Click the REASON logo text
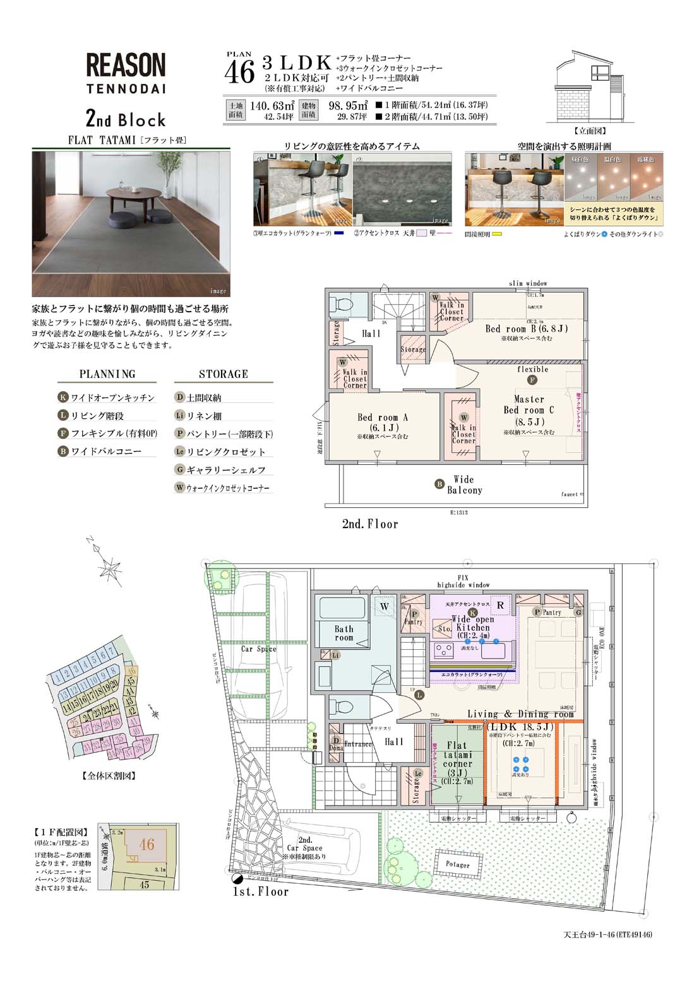[x=125, y=65]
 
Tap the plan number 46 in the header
[x=239, y=72]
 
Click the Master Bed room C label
[x=529, y=410]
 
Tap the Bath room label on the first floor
[x=344, y=633]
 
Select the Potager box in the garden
[x=458, y=864]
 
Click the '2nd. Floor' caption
[x=370, y=524]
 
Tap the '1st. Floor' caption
[x=261, y=891]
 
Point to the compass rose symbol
[x=111, y=569]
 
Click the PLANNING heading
[x=107, y=374]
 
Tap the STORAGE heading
[x=224, y=374]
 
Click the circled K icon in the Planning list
[x=63, y=397]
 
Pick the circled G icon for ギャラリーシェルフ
[x=180, y=469]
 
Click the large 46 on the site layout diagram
[x=147, y=844]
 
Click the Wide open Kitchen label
[x=473, y=623]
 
